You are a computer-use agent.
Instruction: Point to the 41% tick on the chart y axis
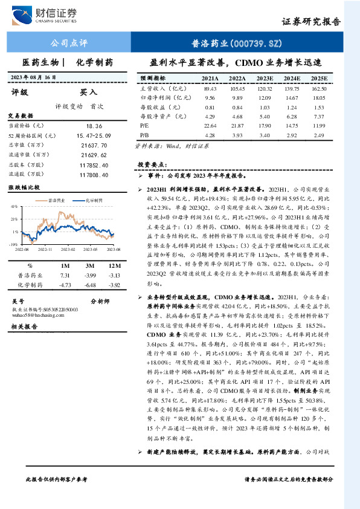14,207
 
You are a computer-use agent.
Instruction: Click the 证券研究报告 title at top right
311,21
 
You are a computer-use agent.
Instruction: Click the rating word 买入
89,92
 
